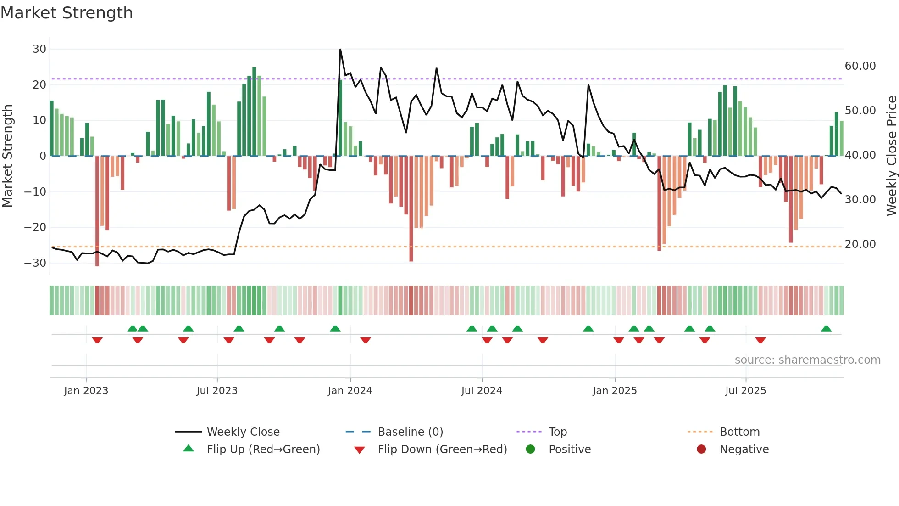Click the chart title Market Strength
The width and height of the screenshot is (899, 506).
(67, 13)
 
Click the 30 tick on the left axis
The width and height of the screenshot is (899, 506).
(39, 49)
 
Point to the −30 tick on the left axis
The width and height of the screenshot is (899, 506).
(35, 263)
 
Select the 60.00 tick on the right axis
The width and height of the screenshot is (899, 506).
(860, 66)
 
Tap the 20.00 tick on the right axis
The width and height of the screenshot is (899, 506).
(860, 244)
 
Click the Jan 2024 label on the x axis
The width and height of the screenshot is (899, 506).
(350, 391)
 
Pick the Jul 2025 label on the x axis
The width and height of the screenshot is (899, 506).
(745, 391)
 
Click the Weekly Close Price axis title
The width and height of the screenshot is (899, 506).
(891, 156)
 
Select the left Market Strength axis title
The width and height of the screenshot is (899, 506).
(7, 156)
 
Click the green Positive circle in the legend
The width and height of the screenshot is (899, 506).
(531, 450)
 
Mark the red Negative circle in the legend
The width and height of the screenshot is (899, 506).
(701, 450)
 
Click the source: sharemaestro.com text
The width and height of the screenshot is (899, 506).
(807, 360)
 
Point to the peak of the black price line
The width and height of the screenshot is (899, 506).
(340, 49)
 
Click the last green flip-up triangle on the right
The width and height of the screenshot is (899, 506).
(826, 329)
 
